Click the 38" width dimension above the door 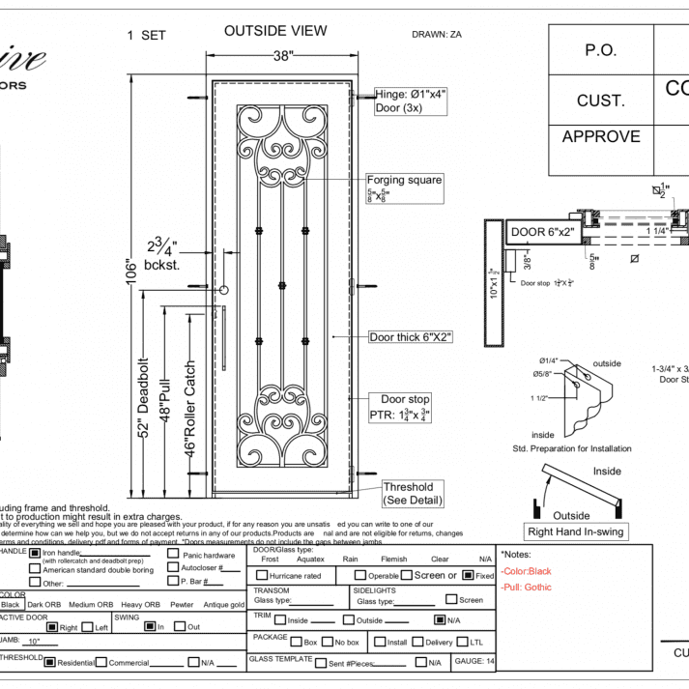(x=282, y=56)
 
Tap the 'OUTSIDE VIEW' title (x=275, y=31)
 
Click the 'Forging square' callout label (x=404, y=180)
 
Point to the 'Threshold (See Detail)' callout (x=408, y=493)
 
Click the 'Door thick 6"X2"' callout (x=411, y=337)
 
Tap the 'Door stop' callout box (x=405, y=407)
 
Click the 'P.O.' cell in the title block (x=600, y=50)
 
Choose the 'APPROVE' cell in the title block (x=600, y=136)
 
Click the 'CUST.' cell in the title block (x=600, y=100)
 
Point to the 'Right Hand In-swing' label (x=575, y=531)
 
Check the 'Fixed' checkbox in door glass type (x=469, y=575)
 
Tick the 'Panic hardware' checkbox (x=173, y=554)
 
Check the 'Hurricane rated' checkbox (x=261, y=576)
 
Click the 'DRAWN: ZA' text (x=437, y=35)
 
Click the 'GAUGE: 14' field (x=474, y=661)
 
